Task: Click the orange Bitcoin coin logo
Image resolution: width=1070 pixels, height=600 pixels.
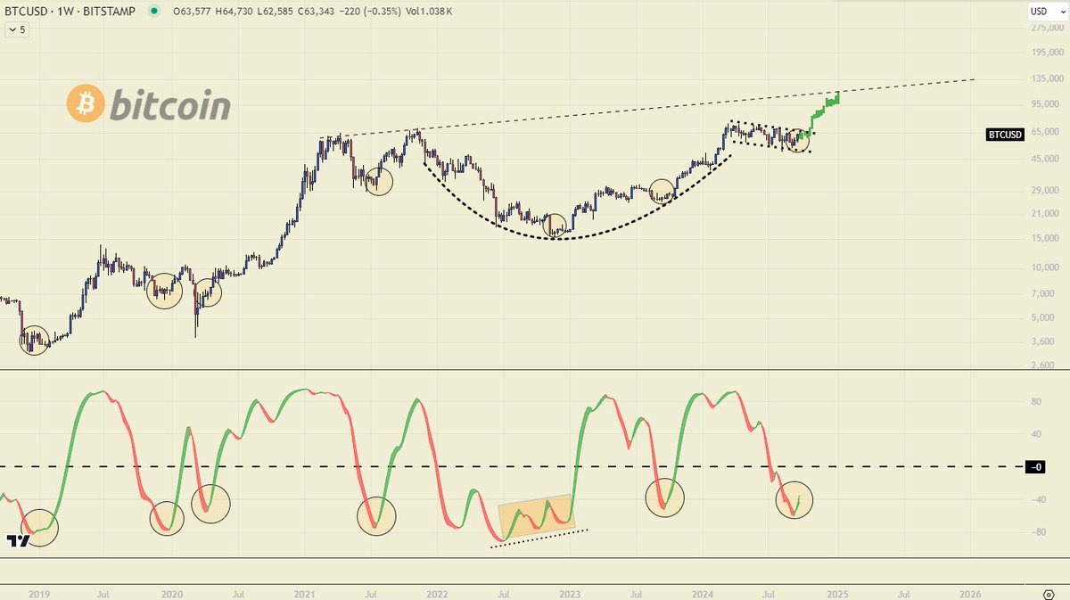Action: coord(86,104)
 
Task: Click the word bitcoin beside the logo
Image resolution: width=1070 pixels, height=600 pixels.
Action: coord(169,106)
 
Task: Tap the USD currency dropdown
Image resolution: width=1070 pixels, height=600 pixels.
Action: coord(1041,12)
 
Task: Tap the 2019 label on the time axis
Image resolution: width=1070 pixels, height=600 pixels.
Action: coord(39,593)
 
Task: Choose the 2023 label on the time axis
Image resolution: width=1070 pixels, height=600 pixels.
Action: coord(570,593)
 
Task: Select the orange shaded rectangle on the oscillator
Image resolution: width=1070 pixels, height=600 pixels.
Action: coord(535,516)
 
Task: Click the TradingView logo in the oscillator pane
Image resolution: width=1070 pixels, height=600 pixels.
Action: coord(16,540)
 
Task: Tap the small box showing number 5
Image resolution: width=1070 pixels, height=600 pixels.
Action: coord(16,29)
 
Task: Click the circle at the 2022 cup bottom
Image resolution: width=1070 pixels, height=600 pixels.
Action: coord(556,226)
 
